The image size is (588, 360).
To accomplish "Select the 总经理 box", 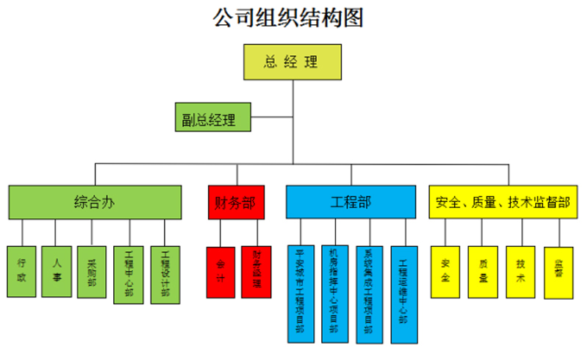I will pyautogui.click(x=293, y=62).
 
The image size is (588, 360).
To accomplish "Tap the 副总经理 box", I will pyautogui.click(x=209, y=118).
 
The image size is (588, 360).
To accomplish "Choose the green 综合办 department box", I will pyautogui.click(x=95, y=202).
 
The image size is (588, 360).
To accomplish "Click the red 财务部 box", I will pyautogui.click(x=236, y=202).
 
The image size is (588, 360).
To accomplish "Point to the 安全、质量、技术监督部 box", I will pyautogui.click(x=503, y=202).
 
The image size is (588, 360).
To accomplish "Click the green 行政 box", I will pyautogui.click(x=21, y=271).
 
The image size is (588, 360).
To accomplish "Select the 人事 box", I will pyautogui.click(x=56, y=271).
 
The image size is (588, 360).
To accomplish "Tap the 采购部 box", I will pyautogui.click(x=91, y=271).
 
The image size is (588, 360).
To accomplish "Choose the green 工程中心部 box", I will pyautogui.click(x=129, y=274).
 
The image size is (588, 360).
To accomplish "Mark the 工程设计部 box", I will pyautogui.click(x=165, y=274).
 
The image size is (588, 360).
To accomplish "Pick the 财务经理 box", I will pyautogui.click(x=256, y=271).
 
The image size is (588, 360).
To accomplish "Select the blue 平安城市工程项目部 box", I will pyautogui.click(x=300, y=293).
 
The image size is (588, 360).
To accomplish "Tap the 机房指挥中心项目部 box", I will pyautogui.click(x=334, y=293).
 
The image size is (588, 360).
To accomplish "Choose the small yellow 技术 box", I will pyautogui.click(x=520, y=271).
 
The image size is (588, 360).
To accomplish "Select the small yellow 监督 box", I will pyautogui.click(x=559, y=271).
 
